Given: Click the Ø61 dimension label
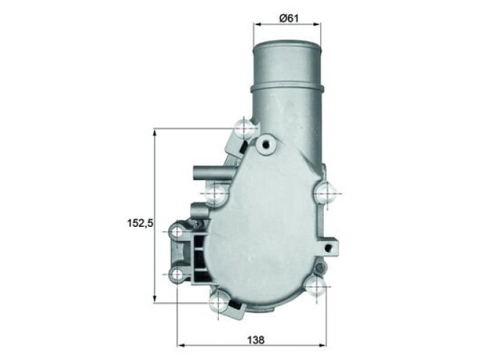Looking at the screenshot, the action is [x=289, y=18].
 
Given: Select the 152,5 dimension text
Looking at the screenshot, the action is [x=140, y=222].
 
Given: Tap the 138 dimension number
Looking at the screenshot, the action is [x=256, y=339].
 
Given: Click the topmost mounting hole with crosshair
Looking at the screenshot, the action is [x=244, y=129].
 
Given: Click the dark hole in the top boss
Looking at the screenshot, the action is [x=266, y=145].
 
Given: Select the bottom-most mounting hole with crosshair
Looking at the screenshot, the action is [x=218, y=302].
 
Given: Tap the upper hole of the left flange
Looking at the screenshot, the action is [x=177, y=232].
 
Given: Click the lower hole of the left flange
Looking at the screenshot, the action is [x=177, y=274].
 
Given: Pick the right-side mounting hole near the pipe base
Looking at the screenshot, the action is [x=324, y=193].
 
